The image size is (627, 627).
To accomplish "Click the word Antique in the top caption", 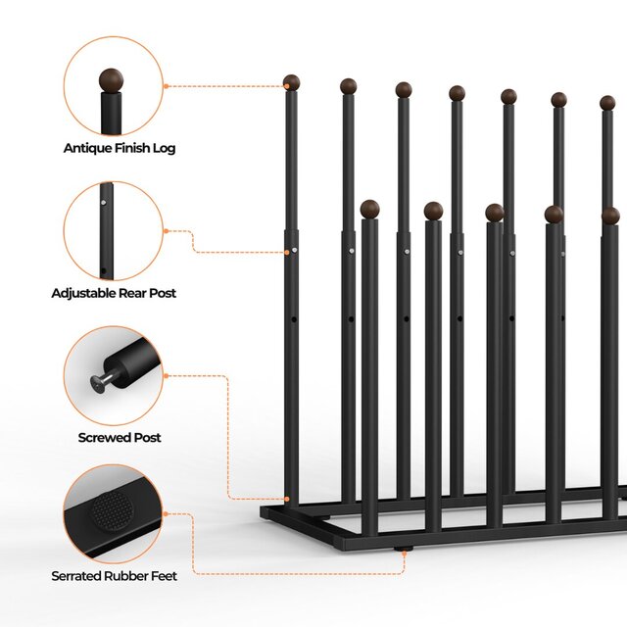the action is (87, 148).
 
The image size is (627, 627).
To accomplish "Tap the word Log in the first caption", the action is (164, 149).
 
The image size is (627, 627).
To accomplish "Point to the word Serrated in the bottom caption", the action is (76, 576).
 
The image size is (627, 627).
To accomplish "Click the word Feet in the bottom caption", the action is (164, 576).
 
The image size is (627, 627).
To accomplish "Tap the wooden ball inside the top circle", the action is (111, 80).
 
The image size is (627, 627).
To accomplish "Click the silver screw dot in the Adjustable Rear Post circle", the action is (104, 203).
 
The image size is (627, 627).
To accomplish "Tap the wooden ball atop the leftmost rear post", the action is (292, 82).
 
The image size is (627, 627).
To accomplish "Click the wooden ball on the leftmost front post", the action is (369, 209).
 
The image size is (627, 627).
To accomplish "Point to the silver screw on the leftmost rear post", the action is (295, 251).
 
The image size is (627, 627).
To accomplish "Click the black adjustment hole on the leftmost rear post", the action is (294, 319).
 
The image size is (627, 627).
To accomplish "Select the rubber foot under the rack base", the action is (403, 550).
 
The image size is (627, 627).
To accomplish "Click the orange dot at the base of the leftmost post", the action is (287, 499).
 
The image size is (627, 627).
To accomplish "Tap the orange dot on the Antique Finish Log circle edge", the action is (166, 86).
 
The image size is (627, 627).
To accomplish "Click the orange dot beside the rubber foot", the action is (405, 554).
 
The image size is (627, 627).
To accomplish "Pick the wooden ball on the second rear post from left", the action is (349, 86).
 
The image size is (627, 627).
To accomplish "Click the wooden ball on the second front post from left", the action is (433, 211).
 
